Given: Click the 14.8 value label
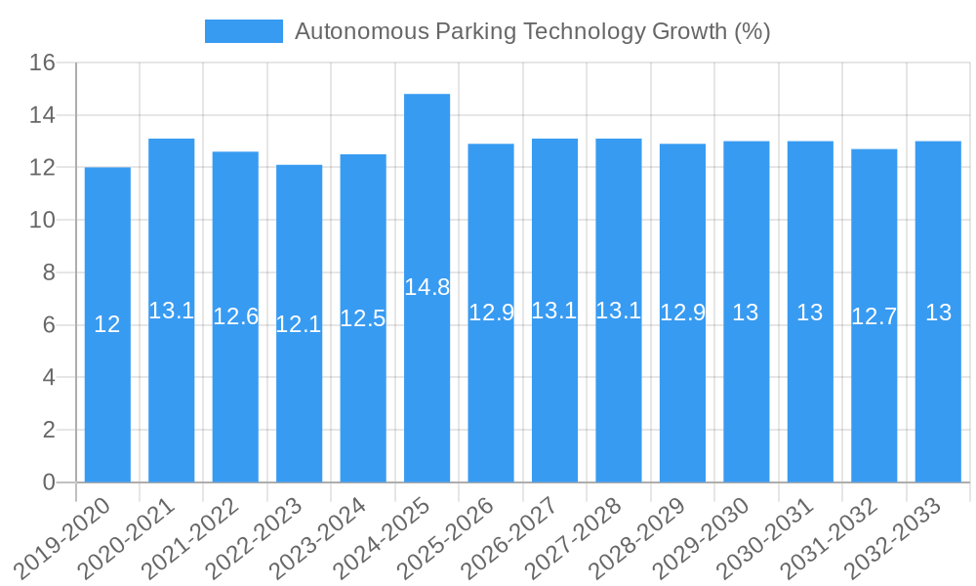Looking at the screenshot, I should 427,287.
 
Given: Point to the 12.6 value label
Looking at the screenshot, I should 235,316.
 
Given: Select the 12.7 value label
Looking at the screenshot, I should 874,316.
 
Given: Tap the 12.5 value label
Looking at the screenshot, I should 363,318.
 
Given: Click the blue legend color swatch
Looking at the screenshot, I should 243,31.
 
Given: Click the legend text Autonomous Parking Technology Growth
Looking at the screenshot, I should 532,31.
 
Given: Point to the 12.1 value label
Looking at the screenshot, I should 299,324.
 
